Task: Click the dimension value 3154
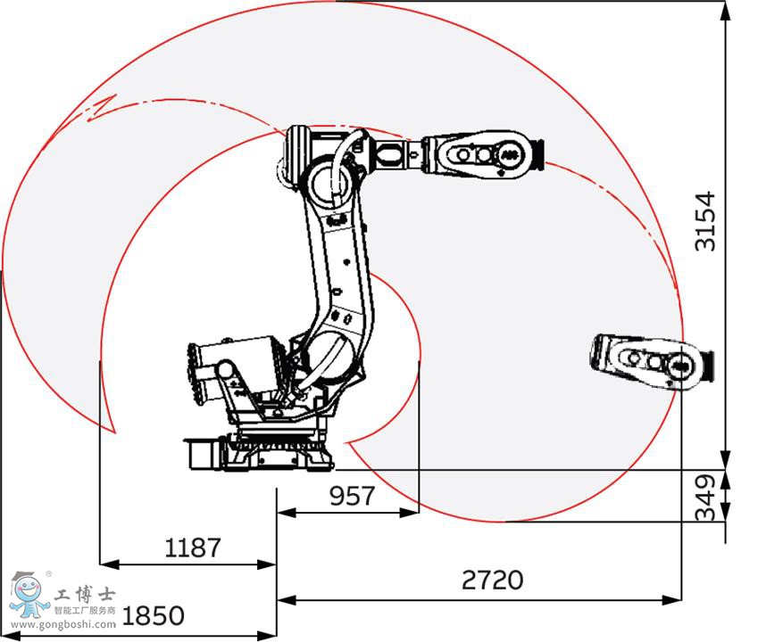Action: coord(705,221)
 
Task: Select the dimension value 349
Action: coord(705,498)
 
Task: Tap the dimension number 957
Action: coord(352,495)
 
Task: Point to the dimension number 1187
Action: coord(192,547)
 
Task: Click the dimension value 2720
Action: coord(493,580)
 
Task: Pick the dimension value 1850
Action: coord(153,615)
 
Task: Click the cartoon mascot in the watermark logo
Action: coord(28,593)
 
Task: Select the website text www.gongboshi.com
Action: coord(59,624)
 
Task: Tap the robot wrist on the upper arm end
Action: coord(482,153)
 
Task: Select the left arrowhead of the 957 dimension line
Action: coord(284,512)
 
